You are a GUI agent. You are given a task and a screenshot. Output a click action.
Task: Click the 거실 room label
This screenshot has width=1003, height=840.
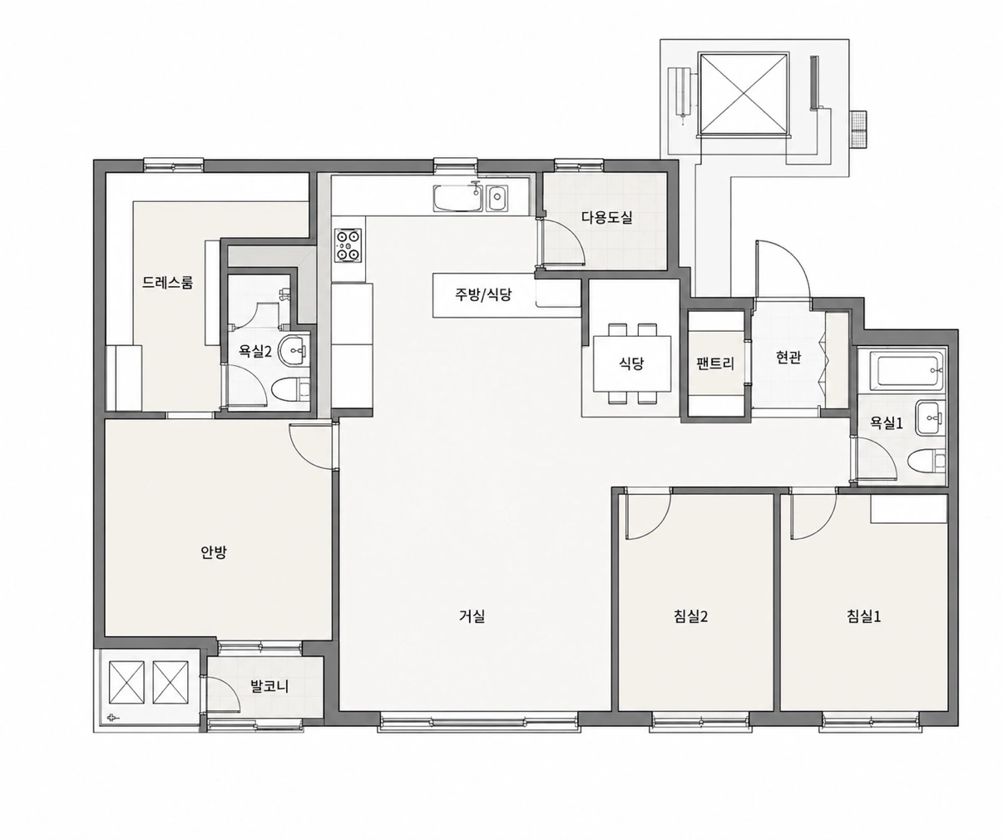click(x=472, y=615)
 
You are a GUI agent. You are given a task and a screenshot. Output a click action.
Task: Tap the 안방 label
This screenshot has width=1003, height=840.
click(x=213, y=553)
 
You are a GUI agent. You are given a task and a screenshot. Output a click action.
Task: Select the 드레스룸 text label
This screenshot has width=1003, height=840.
click(x=168, y=282)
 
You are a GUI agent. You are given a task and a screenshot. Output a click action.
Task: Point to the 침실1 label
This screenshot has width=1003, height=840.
click(x=863, y=615)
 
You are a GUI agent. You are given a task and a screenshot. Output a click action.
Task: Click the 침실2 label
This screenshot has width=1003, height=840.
click(x=691, y=615)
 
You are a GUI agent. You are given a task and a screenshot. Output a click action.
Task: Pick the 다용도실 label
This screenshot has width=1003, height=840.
click(x=607, y=217)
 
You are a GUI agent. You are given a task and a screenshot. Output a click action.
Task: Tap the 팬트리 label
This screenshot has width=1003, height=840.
click(x=716, y=363)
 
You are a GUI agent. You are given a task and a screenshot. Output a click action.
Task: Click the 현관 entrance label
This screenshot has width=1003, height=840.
click(x=788, y=357)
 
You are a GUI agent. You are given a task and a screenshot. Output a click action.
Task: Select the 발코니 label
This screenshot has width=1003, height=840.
click(x=269, y=686)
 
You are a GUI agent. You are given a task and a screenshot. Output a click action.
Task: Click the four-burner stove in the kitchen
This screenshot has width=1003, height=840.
click(x=348, y=246)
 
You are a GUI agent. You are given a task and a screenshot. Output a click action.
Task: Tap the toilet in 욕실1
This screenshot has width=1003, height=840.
click(x=926, y=462)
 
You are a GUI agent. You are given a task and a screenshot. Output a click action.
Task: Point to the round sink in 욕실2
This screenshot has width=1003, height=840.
click(x=292, y=350)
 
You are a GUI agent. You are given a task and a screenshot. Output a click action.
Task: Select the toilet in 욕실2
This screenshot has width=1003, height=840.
click(x=290, y=389)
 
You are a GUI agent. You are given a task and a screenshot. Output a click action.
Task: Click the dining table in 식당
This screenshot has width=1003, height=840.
click(x=632, y=363)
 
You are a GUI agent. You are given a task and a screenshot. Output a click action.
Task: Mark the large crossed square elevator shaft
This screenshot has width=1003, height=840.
click(x=744, y=95)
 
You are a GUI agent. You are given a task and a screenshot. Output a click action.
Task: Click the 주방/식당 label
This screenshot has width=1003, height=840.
click(x=483, y=294)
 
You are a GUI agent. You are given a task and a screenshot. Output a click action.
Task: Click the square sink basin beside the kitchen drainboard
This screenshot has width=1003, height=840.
click(x=497, y=198)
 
